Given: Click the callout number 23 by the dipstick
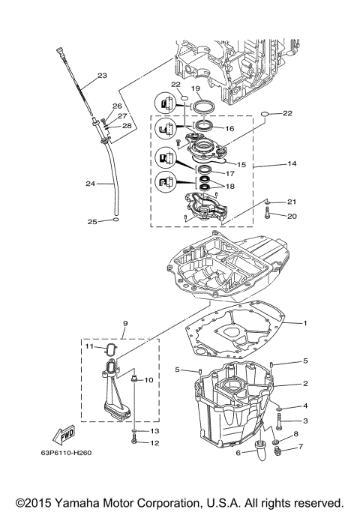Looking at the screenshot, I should (x=102, y=75).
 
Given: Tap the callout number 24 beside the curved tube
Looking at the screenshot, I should (x=90, y=184).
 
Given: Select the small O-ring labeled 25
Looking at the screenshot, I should (x=112, y=221).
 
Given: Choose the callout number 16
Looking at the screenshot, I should (x=230, y=128).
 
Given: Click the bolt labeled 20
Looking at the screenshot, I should (x=267, y=216).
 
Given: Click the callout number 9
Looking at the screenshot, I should (x=125, y=324).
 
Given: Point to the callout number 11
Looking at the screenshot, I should (x=88, y=347).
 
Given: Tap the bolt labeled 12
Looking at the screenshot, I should (x=133, y=442).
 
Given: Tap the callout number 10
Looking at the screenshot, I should (x=148, y=380).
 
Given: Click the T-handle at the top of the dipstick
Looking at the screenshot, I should (x=58, y=52).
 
